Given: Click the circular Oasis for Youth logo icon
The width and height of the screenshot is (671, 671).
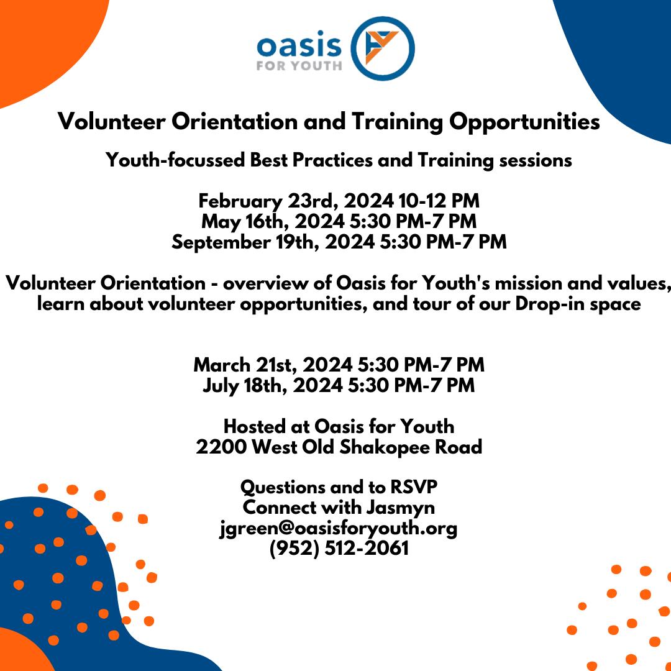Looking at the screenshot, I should click(x=383, y=48).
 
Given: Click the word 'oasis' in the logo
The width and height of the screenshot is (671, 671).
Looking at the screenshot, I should click(x=299, y=45).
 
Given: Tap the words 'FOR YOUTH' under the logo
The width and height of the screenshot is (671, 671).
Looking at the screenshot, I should click(x=299, y=65).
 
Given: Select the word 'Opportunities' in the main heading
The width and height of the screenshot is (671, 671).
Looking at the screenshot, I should click(x=522, y=122).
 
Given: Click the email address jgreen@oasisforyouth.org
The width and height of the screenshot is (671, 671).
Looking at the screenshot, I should click(x=339, y=528).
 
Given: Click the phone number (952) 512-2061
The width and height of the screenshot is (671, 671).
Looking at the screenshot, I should click(x=339, y=549).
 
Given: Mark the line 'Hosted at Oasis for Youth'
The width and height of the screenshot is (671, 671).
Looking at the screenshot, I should click(x=339, y=426).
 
